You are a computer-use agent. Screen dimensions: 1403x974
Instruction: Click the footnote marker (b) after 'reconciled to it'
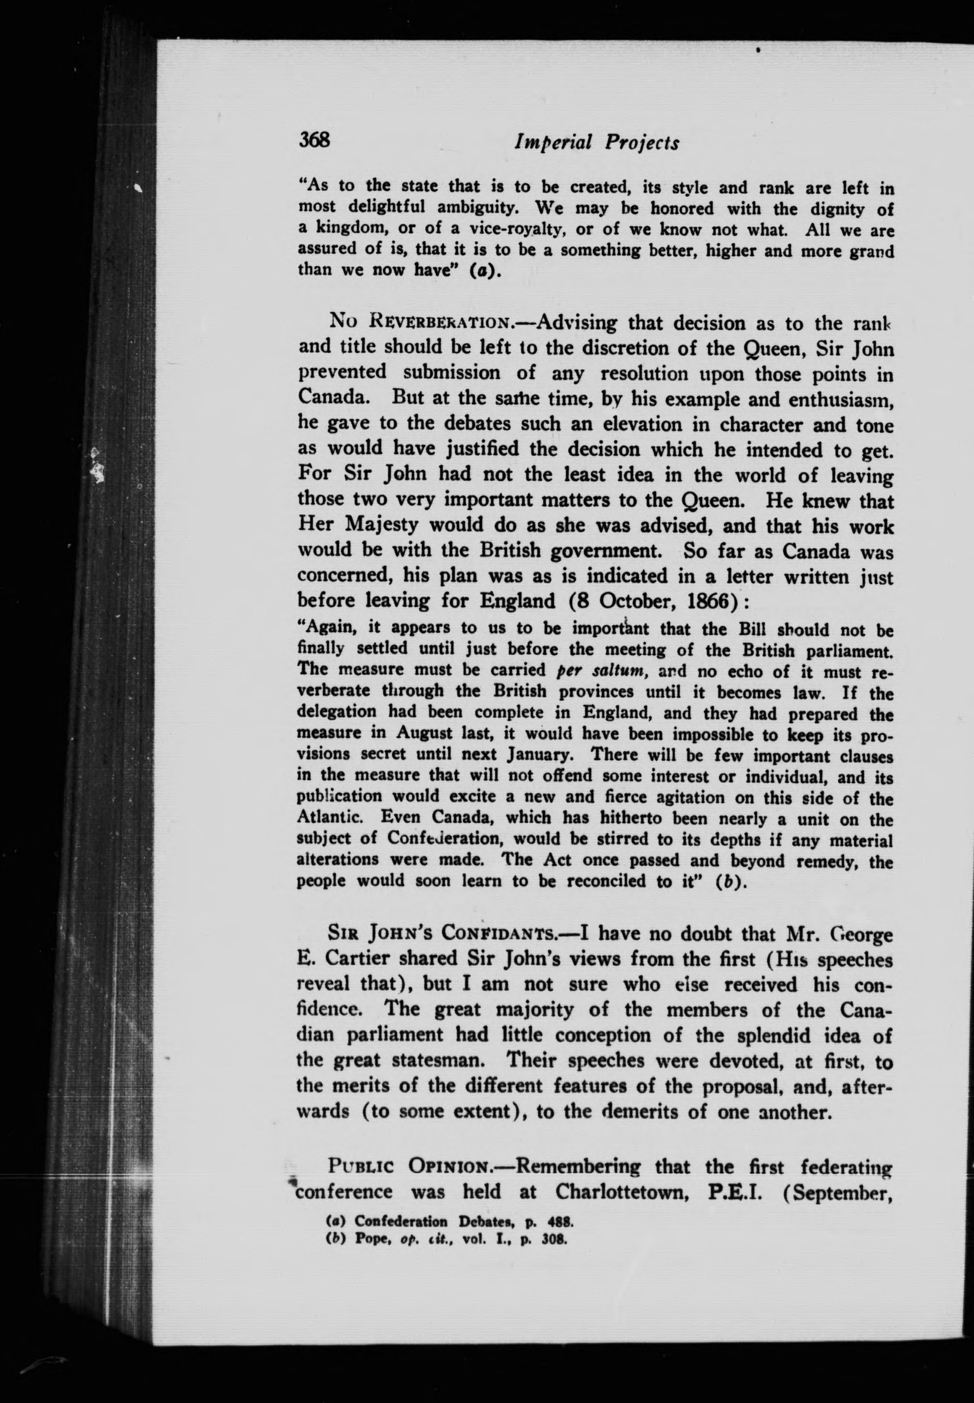click(732, 881)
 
